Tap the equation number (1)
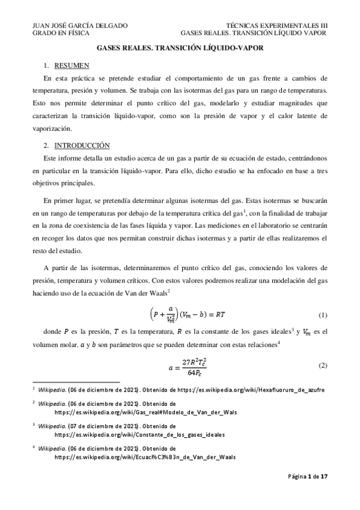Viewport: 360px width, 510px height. click(322, 315)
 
